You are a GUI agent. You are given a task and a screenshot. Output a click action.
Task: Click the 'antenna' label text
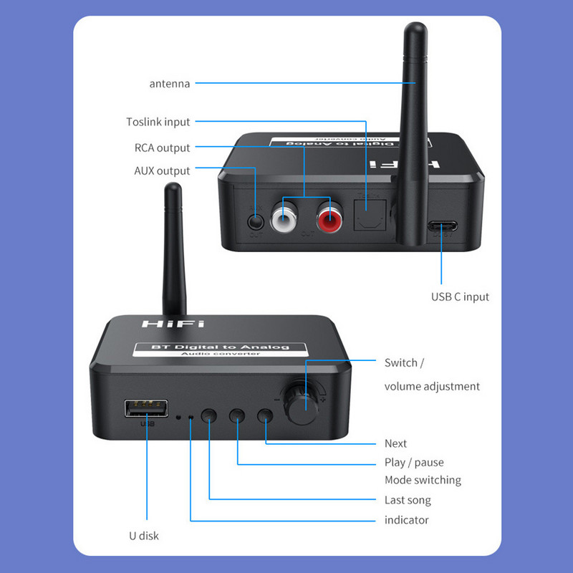point(170,84)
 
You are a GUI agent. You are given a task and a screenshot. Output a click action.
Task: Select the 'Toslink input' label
point(158,122)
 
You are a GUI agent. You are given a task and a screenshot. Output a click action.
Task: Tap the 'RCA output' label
point(163,148)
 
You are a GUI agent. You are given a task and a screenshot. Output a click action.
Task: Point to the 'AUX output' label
point(163,170)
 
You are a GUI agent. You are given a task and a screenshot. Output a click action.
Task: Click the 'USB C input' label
point(460,297)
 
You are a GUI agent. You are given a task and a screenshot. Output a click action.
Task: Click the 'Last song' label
point(408,500)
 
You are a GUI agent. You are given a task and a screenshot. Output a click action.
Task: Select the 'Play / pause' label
point(414,462)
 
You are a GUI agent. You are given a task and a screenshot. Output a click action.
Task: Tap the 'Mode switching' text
point(423,480)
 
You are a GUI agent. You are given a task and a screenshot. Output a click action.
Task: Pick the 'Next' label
point(395,443)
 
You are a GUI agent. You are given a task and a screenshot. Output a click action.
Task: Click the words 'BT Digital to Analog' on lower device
point(221,347)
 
